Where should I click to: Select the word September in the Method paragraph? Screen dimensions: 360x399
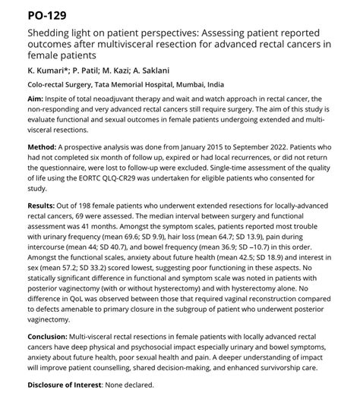(x=260, y=144)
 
